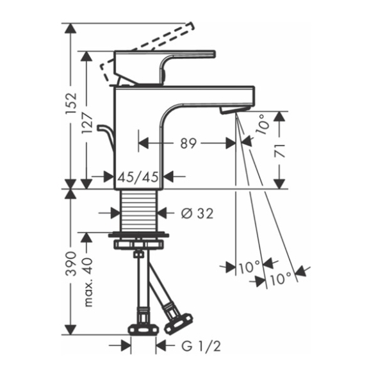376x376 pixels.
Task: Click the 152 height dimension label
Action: pyautogui.click(x=72, y=103)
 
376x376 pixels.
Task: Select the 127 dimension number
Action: pyautogui.click(x=87, y=123)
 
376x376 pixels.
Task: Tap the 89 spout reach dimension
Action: pyautogui.click(x=188, y=143)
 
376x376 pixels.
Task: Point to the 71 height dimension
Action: pyautogui.click(x=280, y=151)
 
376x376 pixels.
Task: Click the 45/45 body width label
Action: pyautogui.click(x=138, y=177)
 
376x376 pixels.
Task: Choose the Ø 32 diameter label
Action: pyautogui.click(x=197, y=213)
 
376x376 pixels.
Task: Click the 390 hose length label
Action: pyautogui.click(x=72, y=263)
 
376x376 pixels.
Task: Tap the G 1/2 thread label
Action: pyautogui.click(x=201, y=347)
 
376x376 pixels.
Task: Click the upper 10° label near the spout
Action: pyautogui.click(x=263, y=124)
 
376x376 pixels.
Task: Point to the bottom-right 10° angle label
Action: pyautogui.click(x=281, y=279)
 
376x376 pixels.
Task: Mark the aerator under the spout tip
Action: pyautogui.click(x=234, y=110)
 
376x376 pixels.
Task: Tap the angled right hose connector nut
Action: pyautogui.click(x=178, y=323)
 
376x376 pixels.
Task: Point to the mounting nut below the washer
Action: pyautogui.click(x=138, y=245)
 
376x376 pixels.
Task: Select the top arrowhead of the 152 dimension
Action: pyautogui.click(x=70, y=28)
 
